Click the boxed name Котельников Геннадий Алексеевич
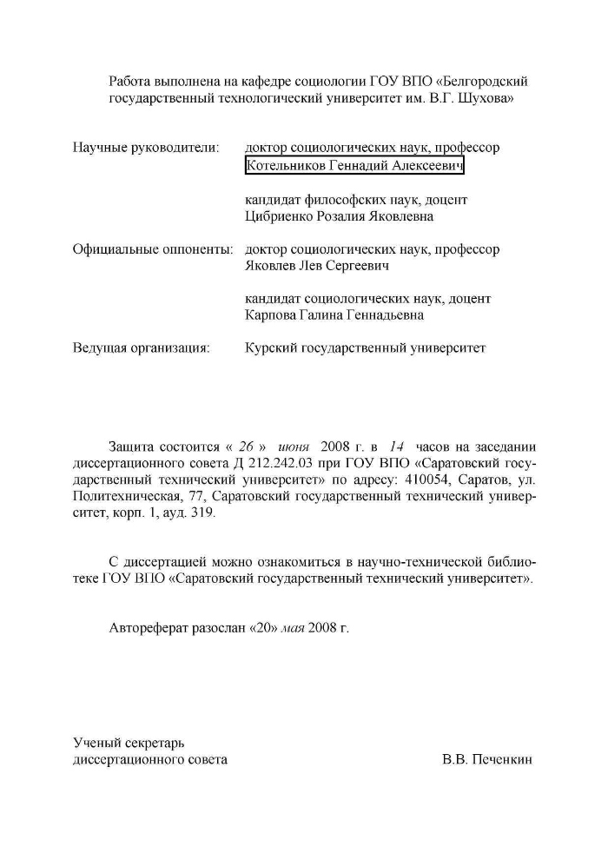coord(355,166)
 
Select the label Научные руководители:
coord(145,149)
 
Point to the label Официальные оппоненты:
coord(153,249)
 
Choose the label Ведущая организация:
coord(141,348)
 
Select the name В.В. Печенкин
coord(486,759)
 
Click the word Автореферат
coord(150,627)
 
